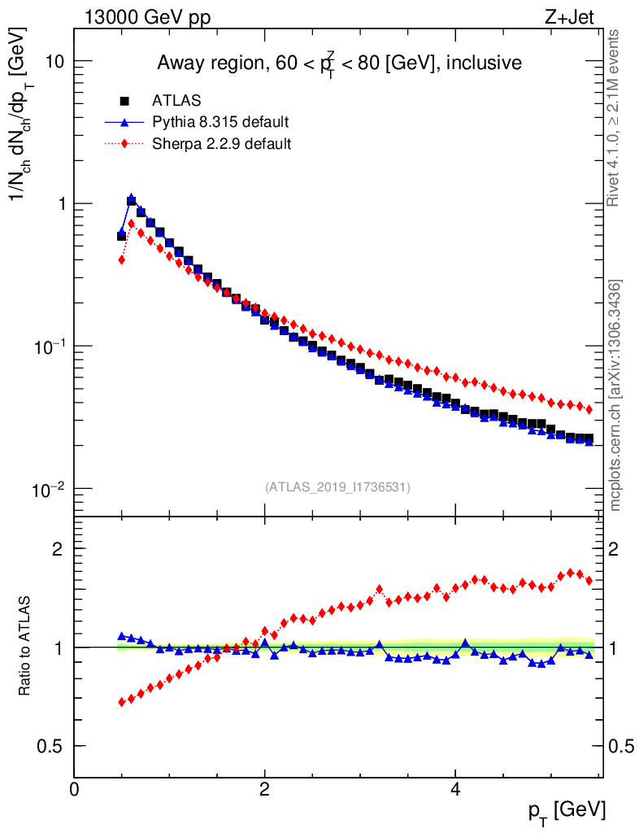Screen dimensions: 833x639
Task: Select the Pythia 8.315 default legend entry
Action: (220, 123)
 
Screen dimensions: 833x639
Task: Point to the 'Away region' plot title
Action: (338, 62)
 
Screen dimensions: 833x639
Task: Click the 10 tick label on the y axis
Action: (54, 62)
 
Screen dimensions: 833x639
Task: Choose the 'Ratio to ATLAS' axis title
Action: (26, 648)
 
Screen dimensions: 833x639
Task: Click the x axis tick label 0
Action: (75, 789)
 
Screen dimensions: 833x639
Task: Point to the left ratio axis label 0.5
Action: (52, 746)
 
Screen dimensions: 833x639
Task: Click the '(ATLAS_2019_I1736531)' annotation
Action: (337, 487)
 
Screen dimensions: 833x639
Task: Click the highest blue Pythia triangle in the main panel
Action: (131, 198)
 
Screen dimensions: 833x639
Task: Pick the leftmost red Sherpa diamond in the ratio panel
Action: (122, 701)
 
